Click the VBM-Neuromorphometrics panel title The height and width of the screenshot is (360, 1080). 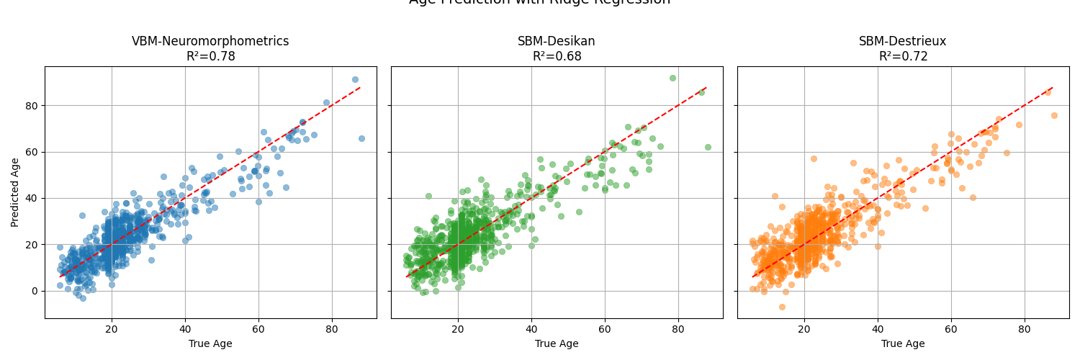click(210, 42)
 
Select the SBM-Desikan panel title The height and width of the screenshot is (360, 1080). click(557, 42)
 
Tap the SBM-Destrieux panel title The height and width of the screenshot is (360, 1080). click(902, 42)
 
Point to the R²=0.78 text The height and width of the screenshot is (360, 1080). click(210, 56)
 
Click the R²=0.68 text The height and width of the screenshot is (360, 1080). click(557, 56)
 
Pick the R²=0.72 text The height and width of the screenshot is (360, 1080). click(903, 56)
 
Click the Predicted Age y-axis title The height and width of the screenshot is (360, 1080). click(16, 192)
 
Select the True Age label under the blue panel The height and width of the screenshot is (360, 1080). click(210, 344)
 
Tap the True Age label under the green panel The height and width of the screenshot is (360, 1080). click(557, 344)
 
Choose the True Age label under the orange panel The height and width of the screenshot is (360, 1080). click(903, 344)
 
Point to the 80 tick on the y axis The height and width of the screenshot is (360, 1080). click(32, 106)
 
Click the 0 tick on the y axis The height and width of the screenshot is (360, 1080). click(35, 291)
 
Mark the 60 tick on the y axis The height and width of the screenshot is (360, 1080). click(32, 152)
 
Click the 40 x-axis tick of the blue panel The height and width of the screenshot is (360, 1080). click(185, 330)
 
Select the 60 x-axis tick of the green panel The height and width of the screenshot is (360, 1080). click(605, 330)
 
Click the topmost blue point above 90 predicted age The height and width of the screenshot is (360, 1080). click(355, 80)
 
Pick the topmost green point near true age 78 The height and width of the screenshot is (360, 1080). click(672, 78)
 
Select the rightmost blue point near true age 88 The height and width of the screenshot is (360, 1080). click(361, 139)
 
